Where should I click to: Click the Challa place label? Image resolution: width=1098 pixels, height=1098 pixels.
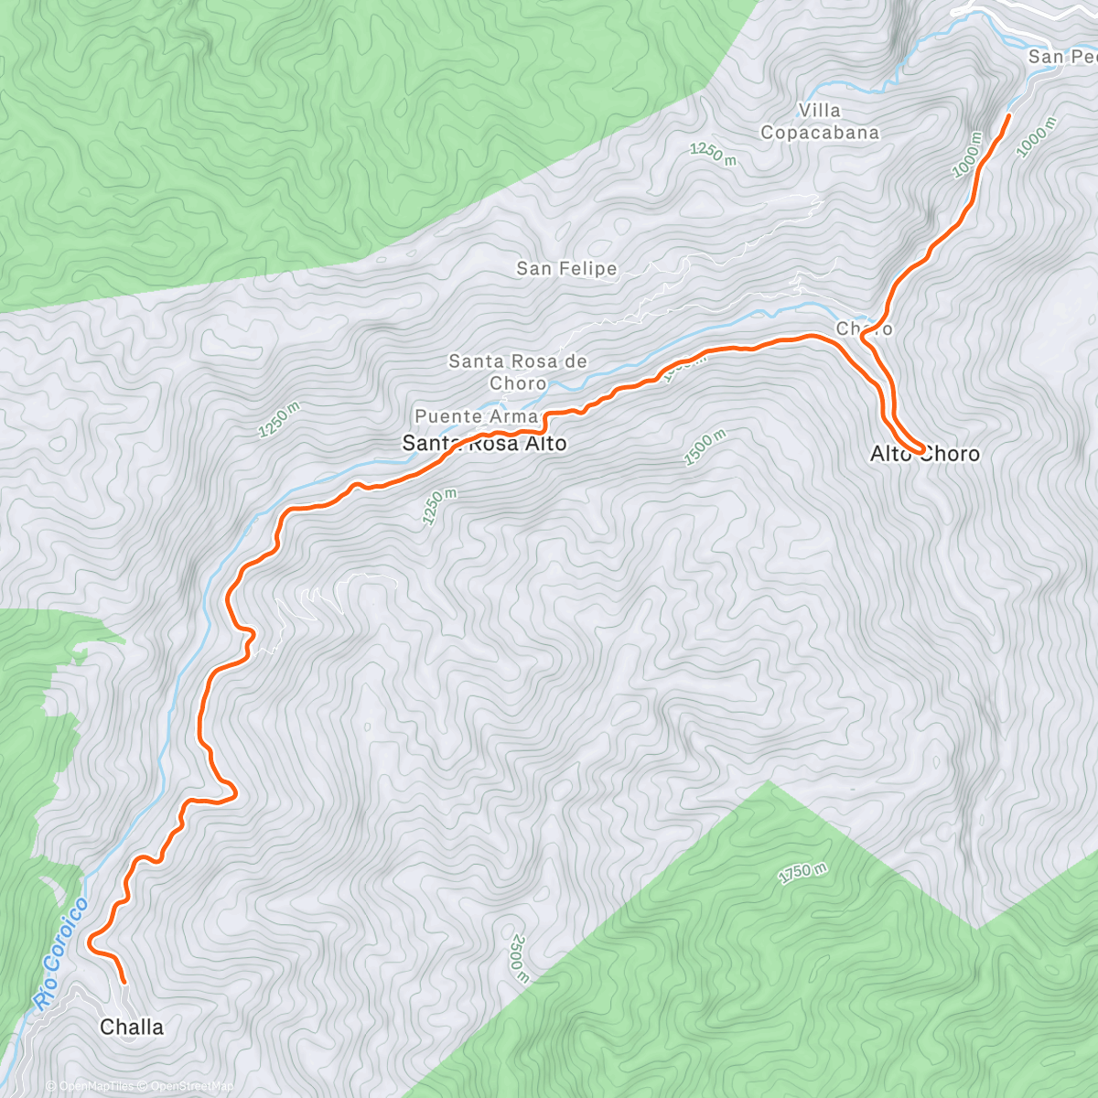[x=132, y=1027]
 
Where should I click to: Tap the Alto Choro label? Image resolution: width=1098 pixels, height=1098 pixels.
[x=924, y=454]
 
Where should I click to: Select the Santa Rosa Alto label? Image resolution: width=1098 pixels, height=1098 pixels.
[x=484, y=444]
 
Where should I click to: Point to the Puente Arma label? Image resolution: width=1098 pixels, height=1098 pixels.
[x=476, y=416]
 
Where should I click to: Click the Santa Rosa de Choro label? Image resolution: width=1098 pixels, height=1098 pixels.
[x=518, y=372]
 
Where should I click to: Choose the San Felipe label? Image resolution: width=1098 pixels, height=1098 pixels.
[x=566, y=269]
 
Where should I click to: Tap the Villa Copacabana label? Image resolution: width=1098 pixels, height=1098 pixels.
[x=820, y=122]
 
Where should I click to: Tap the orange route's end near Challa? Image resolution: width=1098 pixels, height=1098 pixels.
[x=124, y=982]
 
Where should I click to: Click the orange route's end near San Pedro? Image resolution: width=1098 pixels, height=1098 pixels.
[x=1009, y=115]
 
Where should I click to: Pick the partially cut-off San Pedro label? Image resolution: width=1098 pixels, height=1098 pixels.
[x=1061, y=57]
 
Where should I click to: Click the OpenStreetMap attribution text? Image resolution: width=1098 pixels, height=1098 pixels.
[x=193, y=1086]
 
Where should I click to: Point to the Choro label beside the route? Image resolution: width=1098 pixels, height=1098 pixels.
[x=864, y=328]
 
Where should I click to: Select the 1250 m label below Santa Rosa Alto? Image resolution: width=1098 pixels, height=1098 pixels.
[x=439, y=507]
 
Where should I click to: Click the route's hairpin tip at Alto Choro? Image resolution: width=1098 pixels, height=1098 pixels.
[x=918, y=452]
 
